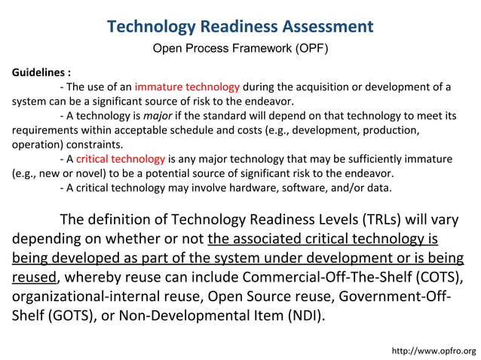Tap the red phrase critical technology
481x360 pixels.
120,159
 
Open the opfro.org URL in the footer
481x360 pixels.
434,351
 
